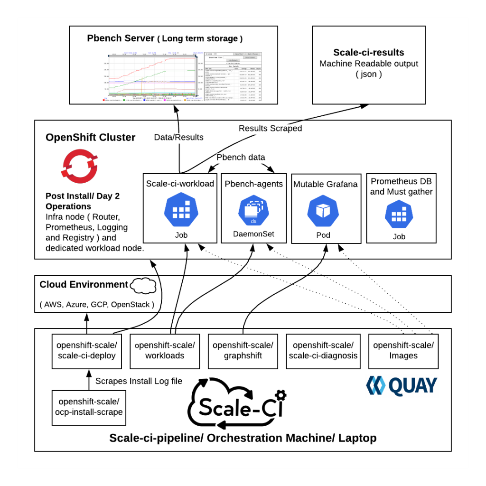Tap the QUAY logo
click(402, 385)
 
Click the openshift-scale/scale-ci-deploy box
click(86, 351)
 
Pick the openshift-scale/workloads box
click(165, 351)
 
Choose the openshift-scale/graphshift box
click(243, 351)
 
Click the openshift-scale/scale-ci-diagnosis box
click(323, 351)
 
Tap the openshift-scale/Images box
click(403, 351)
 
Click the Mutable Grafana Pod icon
click(325, 211)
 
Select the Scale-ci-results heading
click(368, 53)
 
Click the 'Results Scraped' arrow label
click(270, 128)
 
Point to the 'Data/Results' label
click(178, 137)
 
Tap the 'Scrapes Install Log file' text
click(139, 381)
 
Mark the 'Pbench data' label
click(241, 157)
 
